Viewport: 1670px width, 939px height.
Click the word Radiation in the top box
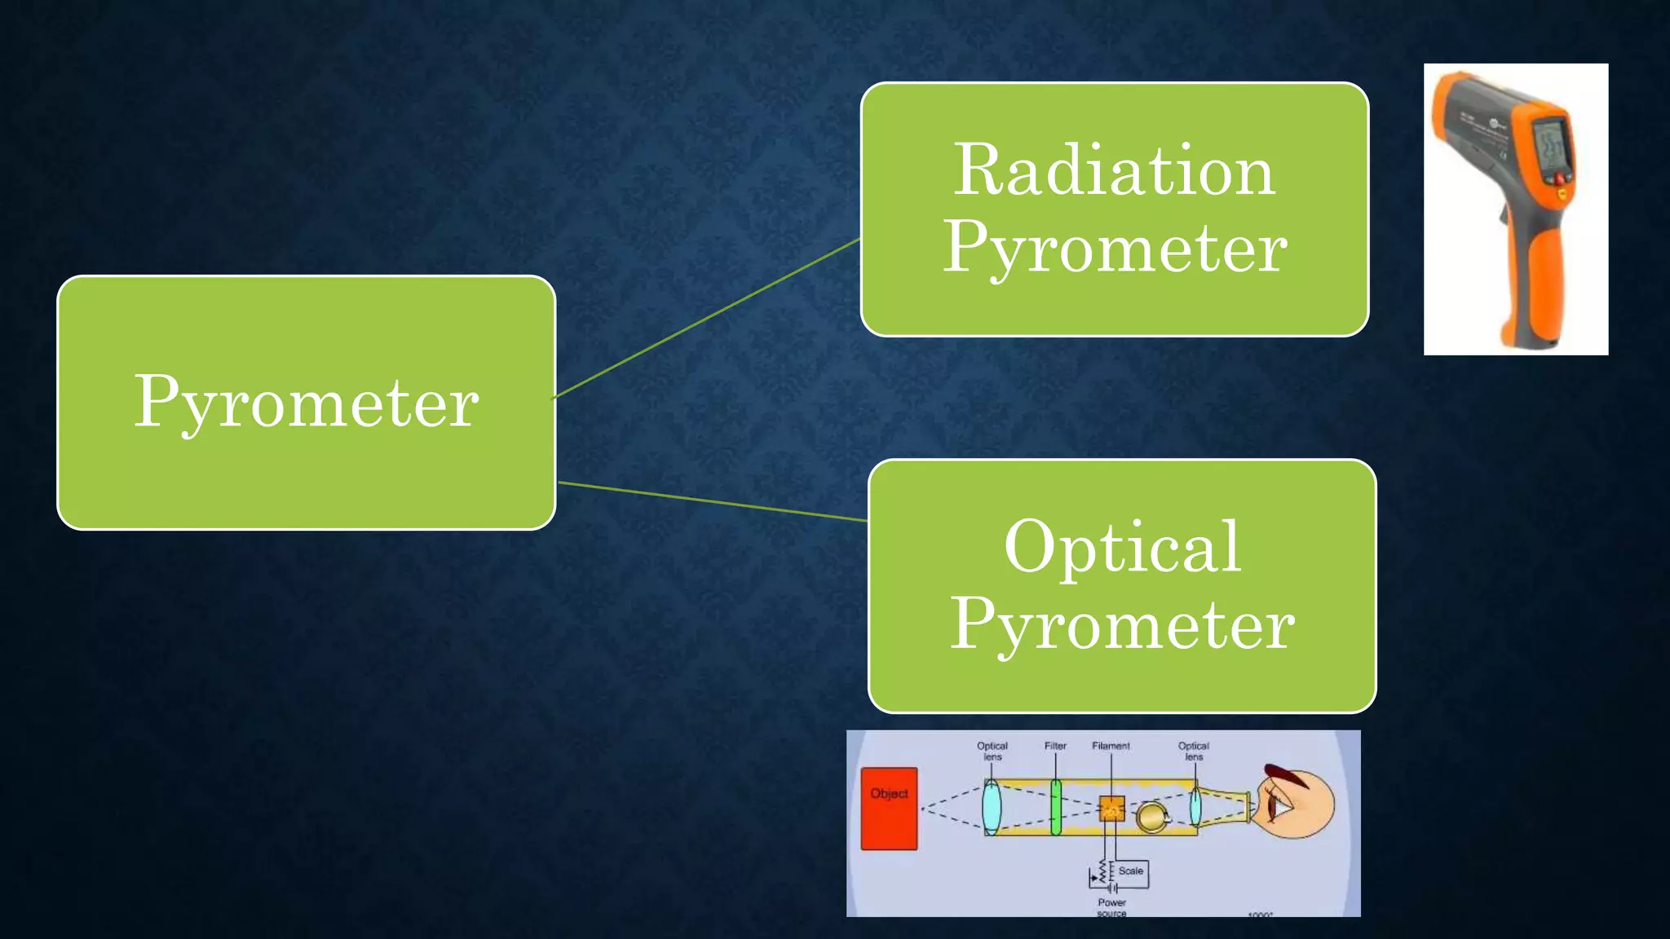1114,171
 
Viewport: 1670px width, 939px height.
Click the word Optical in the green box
1122,547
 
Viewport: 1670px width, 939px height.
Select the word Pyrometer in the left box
306,403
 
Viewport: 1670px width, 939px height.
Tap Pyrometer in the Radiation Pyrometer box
1115,249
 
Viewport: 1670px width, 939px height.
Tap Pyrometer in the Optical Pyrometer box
1122,625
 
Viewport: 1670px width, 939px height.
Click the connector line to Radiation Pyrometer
707,319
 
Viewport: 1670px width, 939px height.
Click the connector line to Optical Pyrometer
713,501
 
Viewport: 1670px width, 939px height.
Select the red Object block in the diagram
889,809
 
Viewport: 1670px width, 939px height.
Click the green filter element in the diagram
1056,807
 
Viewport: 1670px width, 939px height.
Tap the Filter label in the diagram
1055,746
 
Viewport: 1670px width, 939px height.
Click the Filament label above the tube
1111,746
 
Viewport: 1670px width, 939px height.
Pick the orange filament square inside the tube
1111,809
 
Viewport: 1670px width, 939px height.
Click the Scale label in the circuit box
1130,871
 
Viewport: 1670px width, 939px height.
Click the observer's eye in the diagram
1279,807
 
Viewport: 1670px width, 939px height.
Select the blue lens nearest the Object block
992,806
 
